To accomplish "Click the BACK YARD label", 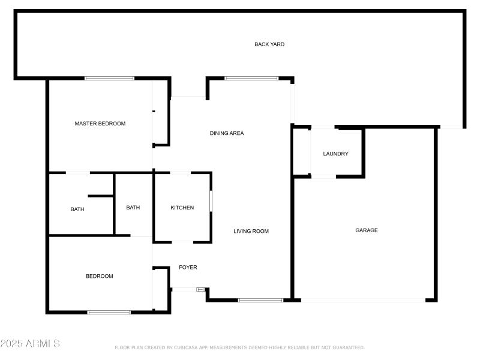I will coord(269,44).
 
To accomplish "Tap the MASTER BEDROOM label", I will coord(100,124).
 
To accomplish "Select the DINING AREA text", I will coord(227,133).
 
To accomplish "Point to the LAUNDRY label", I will coord(335,154).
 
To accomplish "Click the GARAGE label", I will coord(367,230).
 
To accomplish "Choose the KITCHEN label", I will coord(182,208).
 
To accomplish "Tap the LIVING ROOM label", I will coord(251,231).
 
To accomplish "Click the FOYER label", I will coord(188,268).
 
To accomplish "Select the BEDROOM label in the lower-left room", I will coord(100,276).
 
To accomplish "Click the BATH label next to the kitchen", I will coord(133,208).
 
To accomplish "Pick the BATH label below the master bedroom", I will coord(77,209).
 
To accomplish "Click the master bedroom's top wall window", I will coord(109,78).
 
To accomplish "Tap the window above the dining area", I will coord(251,78).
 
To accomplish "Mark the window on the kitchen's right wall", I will coord(211,201).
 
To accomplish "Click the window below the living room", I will coord(260,299).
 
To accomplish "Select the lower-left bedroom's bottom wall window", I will coord(109,312).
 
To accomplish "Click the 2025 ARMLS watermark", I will coord(30,344).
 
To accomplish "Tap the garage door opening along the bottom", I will coord(364,300).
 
